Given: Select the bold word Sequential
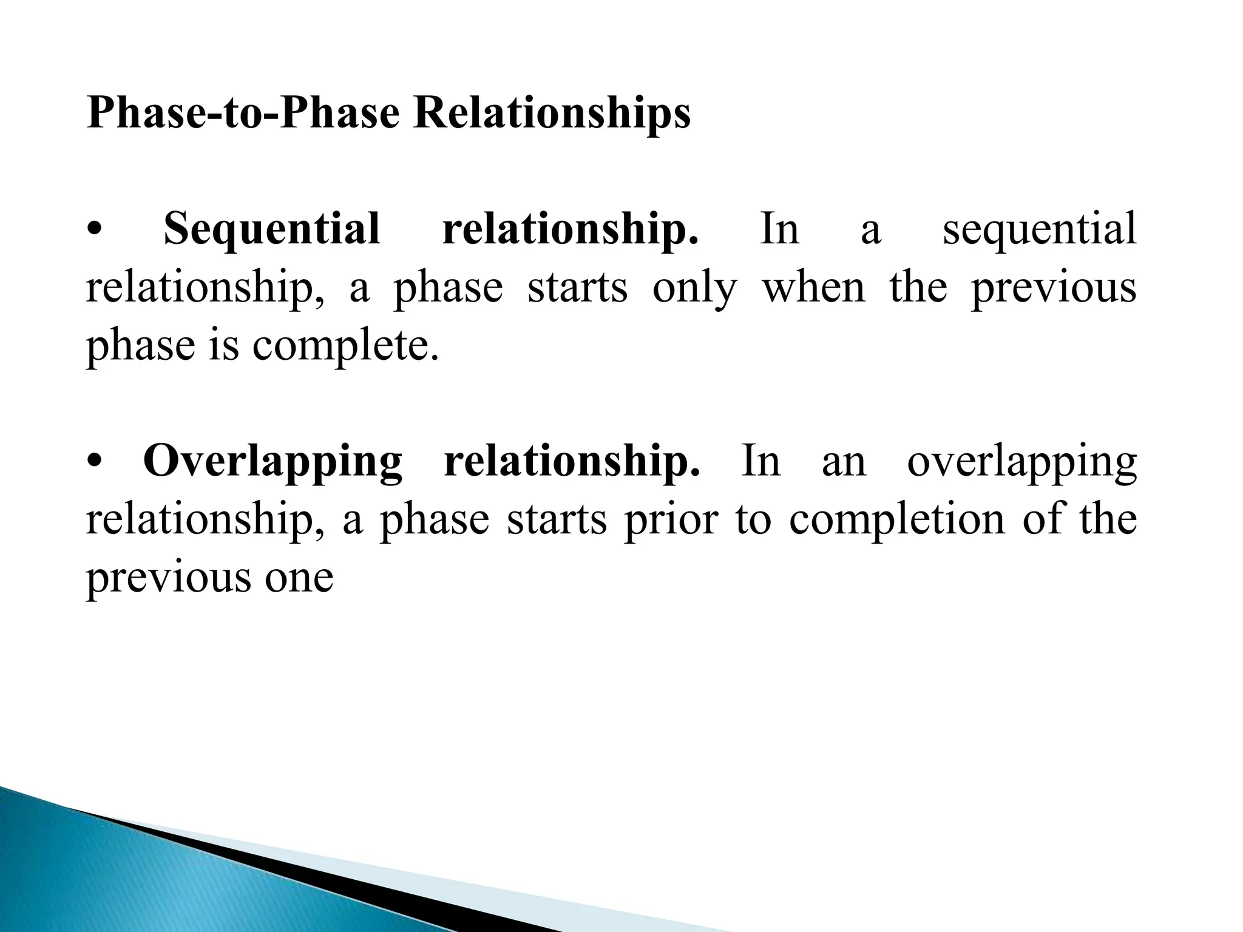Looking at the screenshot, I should point(272,229).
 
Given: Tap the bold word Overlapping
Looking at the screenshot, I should point(273,461).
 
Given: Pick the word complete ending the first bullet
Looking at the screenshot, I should point(345,345).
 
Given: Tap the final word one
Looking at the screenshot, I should point(299,578).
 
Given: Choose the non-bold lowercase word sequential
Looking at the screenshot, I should point(1039,229).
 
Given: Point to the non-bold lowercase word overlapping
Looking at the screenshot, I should point(1021,461).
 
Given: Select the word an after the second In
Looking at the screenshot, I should point(844,461).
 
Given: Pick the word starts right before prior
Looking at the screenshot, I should point(557,519).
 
